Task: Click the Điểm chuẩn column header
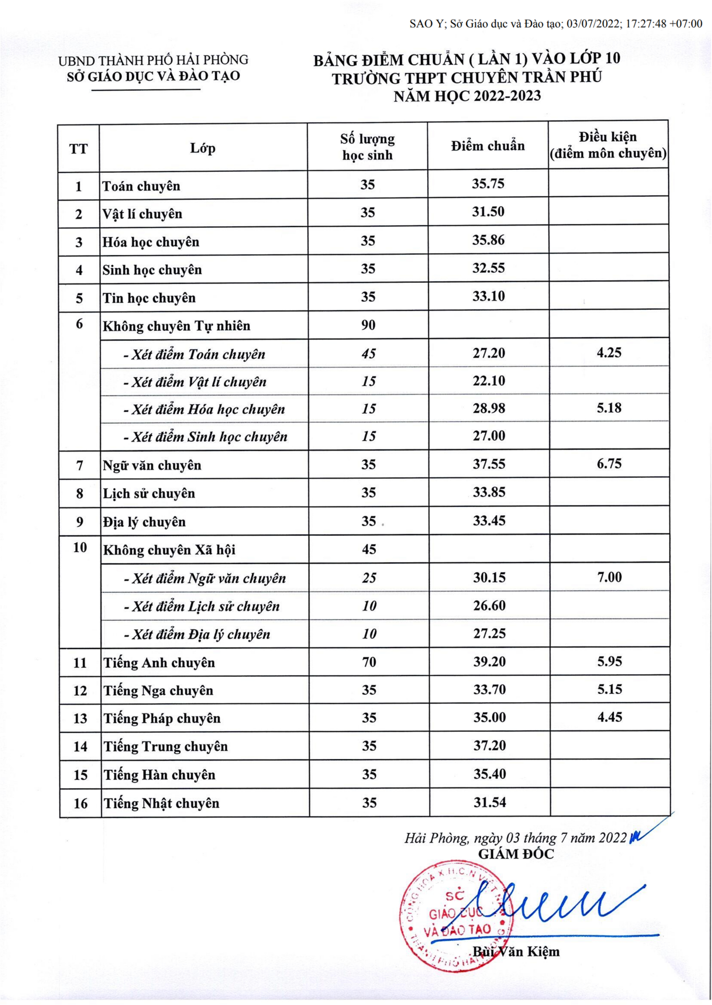coord(488,146)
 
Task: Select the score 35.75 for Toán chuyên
coord(488,184)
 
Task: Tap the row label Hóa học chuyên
coord(151,242)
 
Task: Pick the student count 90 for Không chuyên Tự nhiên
coord(368,325)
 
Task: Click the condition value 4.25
coord(609,352)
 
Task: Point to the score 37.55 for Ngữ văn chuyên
coord(489,464)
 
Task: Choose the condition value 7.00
coord(609,577)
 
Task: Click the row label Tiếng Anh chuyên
coord(159,663)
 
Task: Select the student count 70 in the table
coord(369,662)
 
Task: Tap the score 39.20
coord(489,661)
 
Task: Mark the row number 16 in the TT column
coord(80,803)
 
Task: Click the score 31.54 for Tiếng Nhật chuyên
coord(489,802)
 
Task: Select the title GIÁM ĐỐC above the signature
coord(516,854)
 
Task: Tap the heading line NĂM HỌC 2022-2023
coord(467,96)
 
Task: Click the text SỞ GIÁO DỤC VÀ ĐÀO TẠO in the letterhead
coord(153,77)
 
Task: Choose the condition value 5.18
coord(609,408)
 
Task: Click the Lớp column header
coord(203,148)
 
